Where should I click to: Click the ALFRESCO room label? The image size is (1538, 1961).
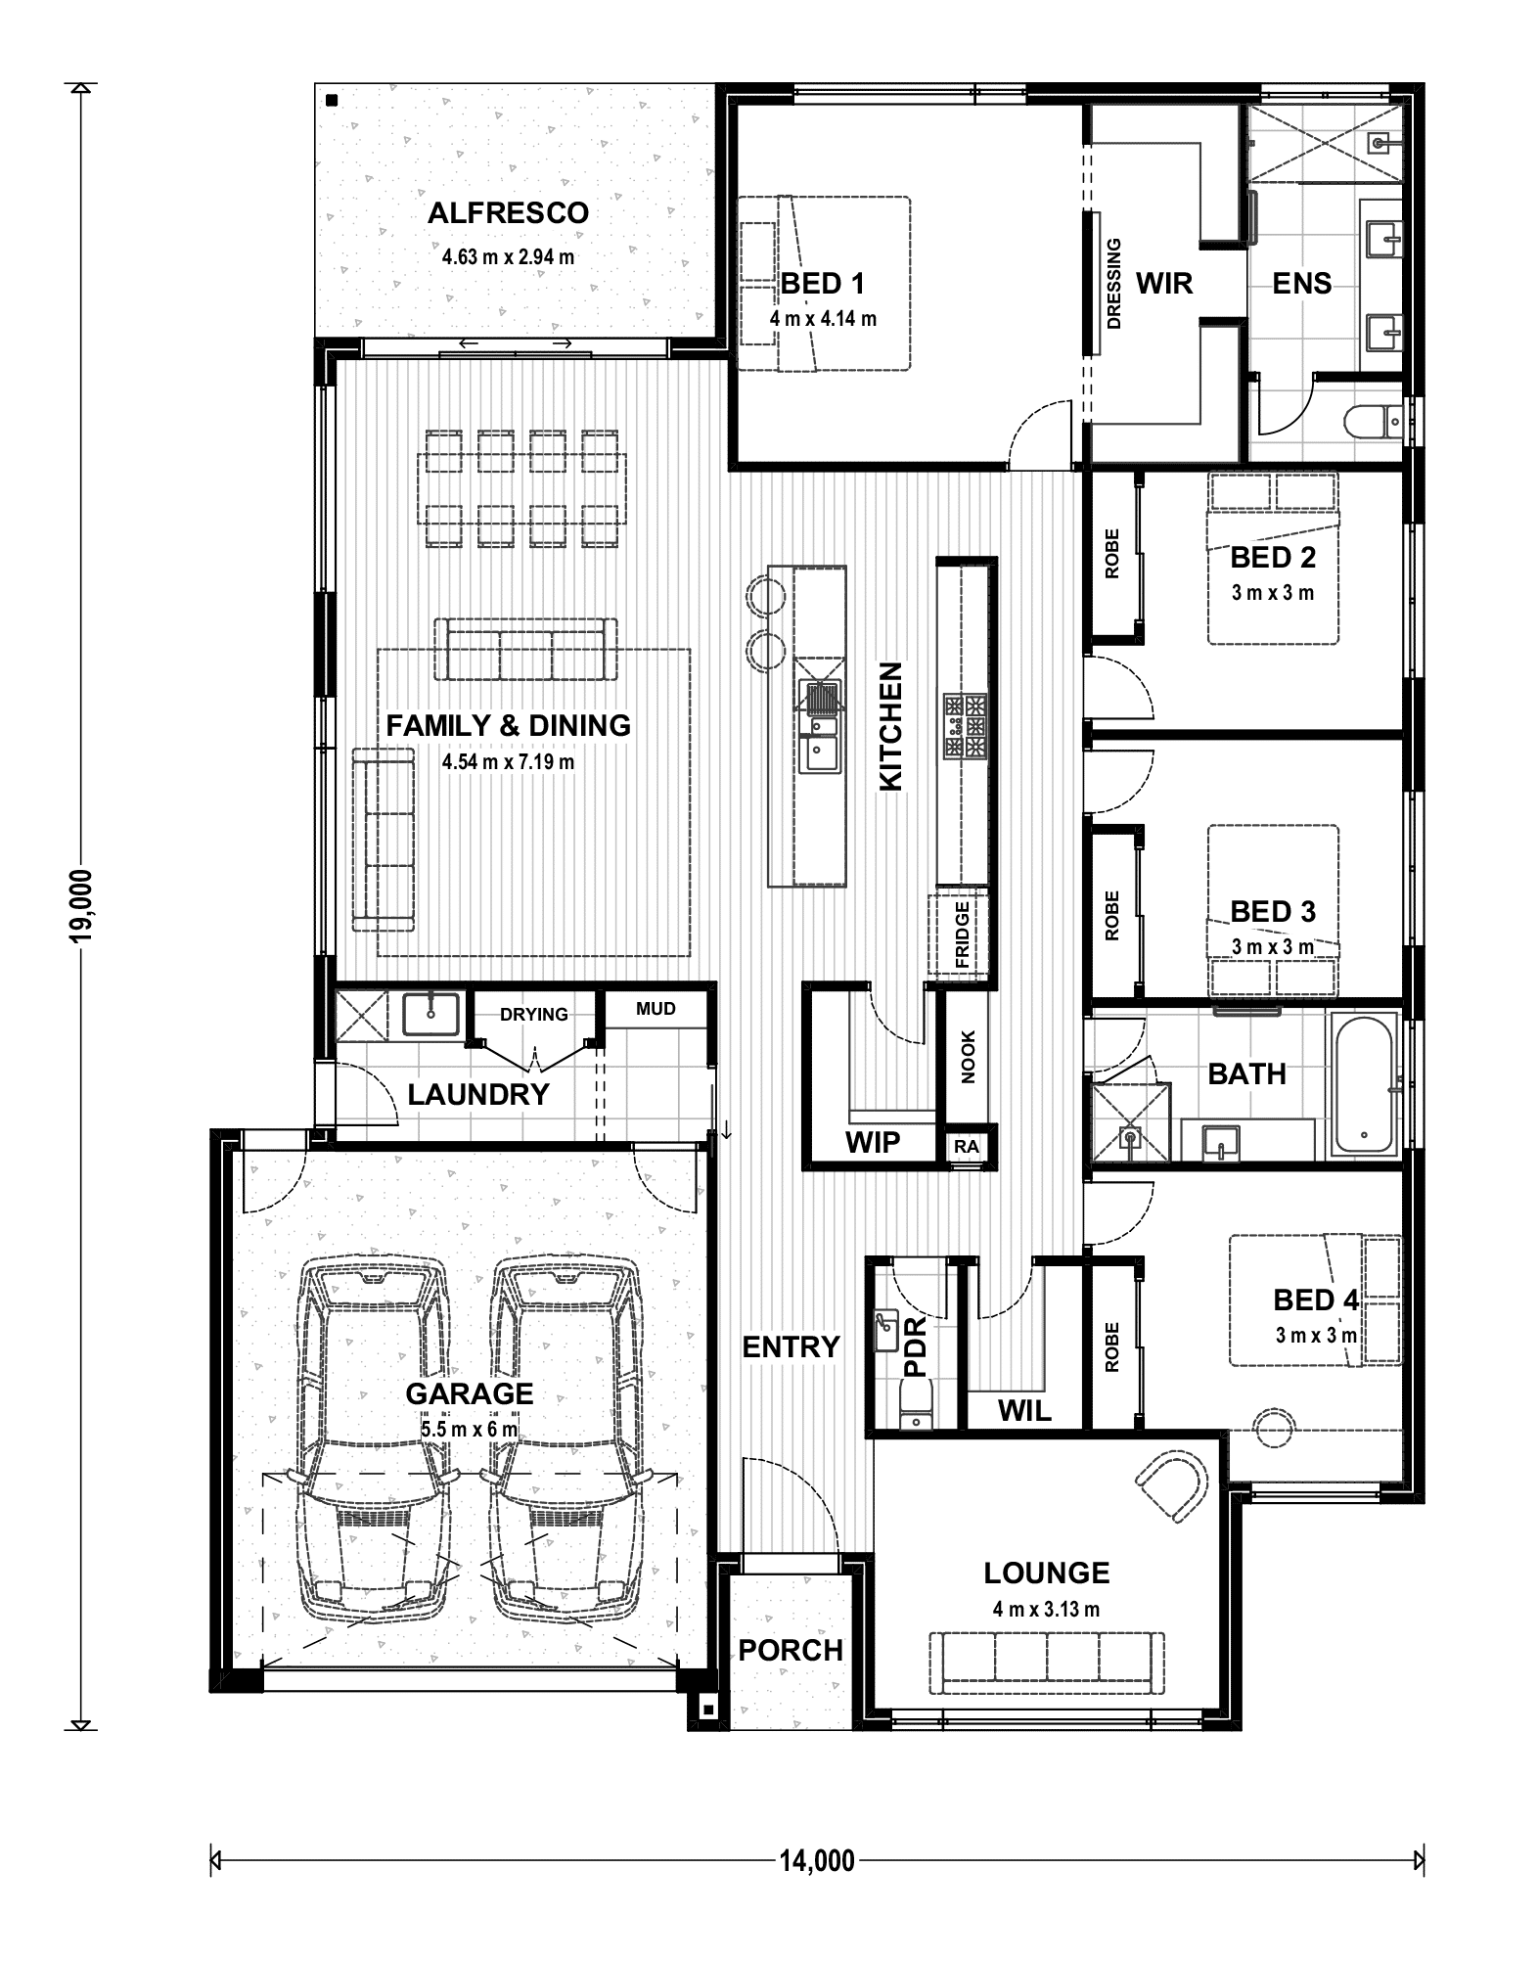[508, 213]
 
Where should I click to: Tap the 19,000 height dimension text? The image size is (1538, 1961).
[81, 905]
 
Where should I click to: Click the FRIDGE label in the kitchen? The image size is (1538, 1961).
[962, 935]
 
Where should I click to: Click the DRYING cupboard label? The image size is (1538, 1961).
[534, 1014]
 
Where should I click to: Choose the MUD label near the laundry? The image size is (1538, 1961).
[656, 1009]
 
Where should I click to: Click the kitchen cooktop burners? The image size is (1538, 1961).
[965, 726]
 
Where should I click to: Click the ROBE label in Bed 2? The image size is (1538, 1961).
[1111, 554]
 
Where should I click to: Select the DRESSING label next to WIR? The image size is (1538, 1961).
[1113, 284]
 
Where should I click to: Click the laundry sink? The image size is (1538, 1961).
[430, 1015]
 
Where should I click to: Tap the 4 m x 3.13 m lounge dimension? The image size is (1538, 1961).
[1046, 1609]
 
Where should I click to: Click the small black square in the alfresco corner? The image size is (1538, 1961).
[332, 100]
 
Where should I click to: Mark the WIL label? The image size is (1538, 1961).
[1024, 1410]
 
